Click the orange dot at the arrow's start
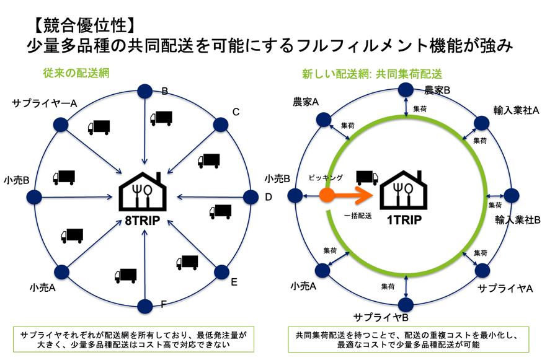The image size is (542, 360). pos(327,196)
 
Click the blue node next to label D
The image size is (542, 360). pos(251,198)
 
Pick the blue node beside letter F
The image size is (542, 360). pos(144,305)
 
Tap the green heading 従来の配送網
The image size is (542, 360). pos(75,72)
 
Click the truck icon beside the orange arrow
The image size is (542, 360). pos(367,177)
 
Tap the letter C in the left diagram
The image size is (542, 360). pos(236,112)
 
